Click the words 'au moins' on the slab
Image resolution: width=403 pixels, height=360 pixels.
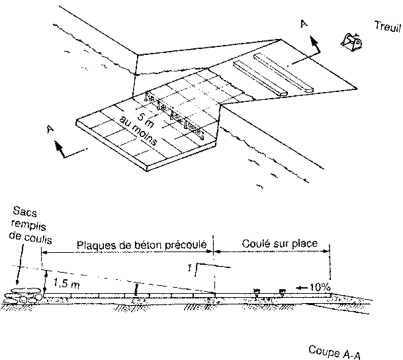135,126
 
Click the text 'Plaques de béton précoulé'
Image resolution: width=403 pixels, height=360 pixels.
143,244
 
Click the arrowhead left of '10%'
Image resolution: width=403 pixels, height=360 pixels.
300,288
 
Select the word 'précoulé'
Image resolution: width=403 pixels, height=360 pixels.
189,244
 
